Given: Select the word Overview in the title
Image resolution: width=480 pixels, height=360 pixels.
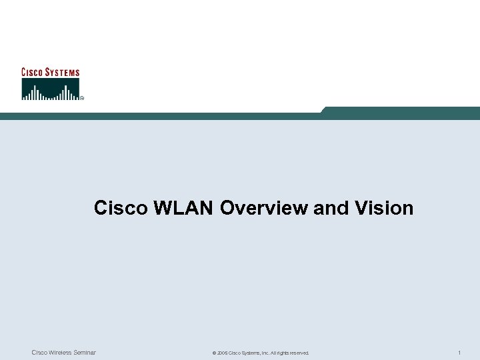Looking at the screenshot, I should click(x=263, y=208).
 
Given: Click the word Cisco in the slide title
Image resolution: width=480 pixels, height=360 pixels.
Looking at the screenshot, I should click(x=121, y=208).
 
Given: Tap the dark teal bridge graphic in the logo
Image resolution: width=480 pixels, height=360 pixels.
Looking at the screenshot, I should click(x=51, y=89).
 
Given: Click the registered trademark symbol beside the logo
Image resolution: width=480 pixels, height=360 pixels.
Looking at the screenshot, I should click(x=82, y=98).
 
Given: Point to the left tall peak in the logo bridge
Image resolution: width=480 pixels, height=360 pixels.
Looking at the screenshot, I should click(x=37, y=91).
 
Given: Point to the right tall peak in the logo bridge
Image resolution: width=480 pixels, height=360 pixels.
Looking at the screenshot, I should click(x=65, y=91).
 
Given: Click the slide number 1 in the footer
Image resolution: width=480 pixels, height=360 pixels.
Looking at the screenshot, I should click(x=460, y=352).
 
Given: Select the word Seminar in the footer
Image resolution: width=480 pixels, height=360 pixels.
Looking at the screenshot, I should click(x=83, y=352).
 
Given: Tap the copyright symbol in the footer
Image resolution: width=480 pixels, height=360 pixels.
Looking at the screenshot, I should click(x=213, y=353).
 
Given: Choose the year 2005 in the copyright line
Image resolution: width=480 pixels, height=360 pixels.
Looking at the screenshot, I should click(x=222, y=353).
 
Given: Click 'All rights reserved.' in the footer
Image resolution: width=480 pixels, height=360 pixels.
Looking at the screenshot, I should click(x=290, y=353).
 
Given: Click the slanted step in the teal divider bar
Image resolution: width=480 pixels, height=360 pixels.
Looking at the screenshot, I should click(x=324, y=111).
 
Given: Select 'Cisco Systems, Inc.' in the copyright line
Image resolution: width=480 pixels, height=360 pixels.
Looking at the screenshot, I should click(x=249, y=353).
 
